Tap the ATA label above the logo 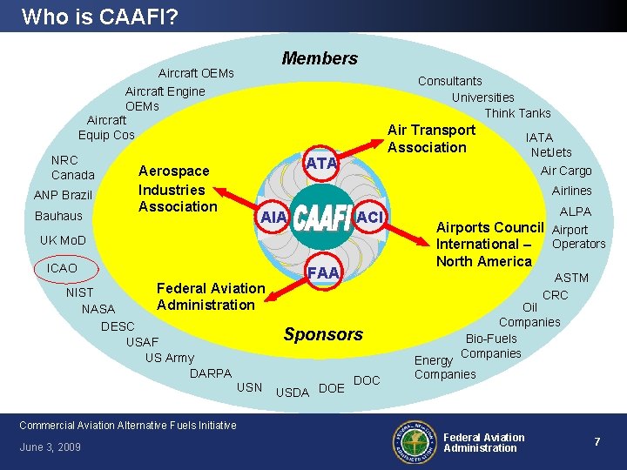321,163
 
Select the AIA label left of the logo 273,217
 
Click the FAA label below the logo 323,272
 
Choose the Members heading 320,58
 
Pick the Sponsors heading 323,334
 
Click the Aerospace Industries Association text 178,189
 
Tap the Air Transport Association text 431,138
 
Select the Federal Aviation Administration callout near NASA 210,296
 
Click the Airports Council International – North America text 489,244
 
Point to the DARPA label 211,373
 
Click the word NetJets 551,152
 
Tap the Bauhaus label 58,216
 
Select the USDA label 293,393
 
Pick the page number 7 597,442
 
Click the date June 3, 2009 50,447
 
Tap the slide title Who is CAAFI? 101,16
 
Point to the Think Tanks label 517,113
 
